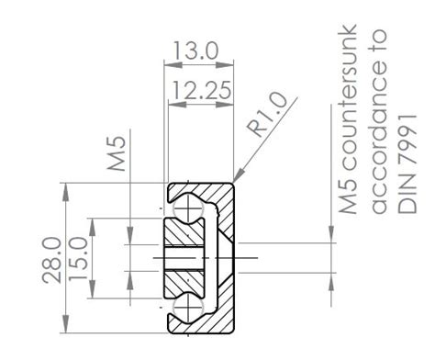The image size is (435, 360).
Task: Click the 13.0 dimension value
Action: click(197, 52)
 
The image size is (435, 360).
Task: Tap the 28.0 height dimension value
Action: click(51, 260)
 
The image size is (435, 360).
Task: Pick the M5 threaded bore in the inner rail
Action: click(188, 258)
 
